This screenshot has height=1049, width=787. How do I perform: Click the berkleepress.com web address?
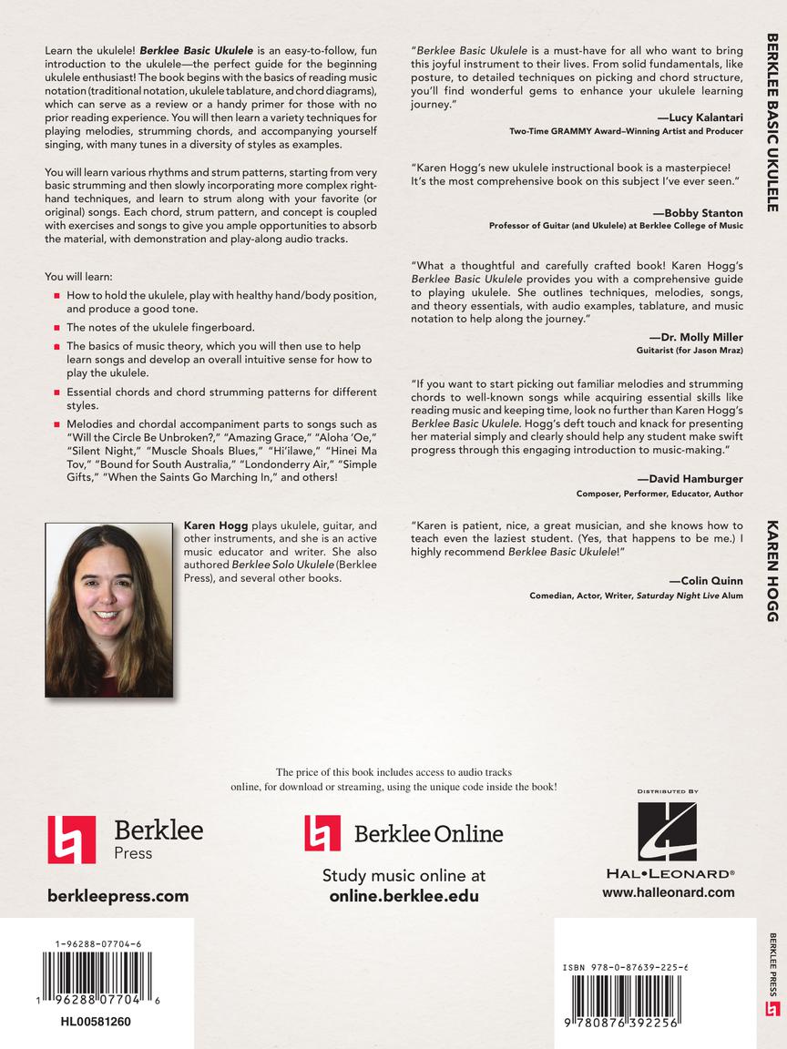(118, 896)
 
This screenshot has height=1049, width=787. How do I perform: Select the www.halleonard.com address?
(668, 892)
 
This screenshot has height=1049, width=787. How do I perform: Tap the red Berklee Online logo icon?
(322, 832)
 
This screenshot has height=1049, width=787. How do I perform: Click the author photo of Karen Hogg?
(108, 611)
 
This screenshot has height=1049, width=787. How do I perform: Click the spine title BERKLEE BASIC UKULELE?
(772, 122)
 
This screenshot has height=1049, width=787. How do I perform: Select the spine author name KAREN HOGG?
(772, 571)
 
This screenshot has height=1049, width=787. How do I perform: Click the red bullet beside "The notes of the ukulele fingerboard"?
(56, 327)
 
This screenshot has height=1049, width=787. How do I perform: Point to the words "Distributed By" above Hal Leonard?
(668, 792)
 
